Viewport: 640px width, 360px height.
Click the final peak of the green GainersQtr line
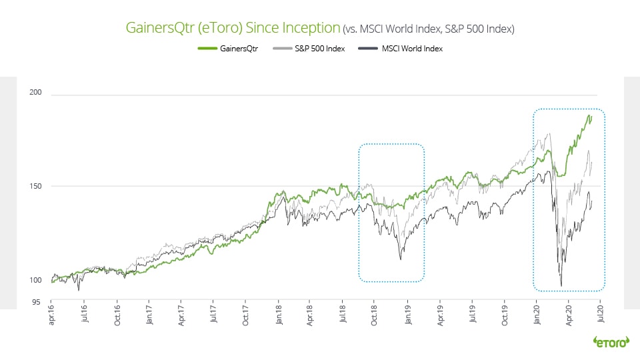point(590,116)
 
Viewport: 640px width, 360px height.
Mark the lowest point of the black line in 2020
point(561,285)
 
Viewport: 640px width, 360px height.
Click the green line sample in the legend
point(207,49)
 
